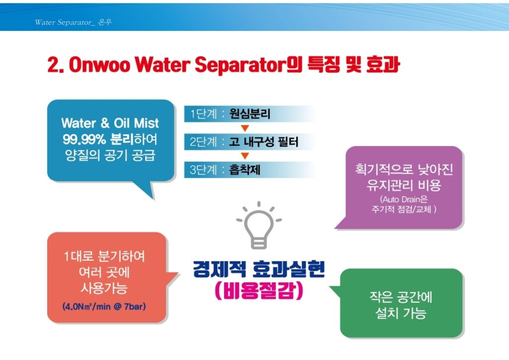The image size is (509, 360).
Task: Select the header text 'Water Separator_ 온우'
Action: click(74, 22)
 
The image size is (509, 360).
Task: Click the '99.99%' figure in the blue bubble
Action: click(85, 140)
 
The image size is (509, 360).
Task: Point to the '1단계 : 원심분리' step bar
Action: click(250, 113)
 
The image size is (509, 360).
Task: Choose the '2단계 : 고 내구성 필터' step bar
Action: click(250, 142)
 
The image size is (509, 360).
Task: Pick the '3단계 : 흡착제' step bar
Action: click(250, 170)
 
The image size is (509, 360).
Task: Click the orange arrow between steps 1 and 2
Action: click(245, 128)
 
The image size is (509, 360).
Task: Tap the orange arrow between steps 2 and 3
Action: click(245, 156)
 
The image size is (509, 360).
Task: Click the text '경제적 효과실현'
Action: click(258, 269)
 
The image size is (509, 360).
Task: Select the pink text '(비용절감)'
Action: click(258, 290)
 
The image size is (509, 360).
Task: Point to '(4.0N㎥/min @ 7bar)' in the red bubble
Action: click(104, 306)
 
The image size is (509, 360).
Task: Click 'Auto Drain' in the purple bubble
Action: click(399, 199)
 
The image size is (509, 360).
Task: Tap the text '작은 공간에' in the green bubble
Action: click(401, 297)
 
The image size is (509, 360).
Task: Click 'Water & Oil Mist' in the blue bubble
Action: click(110, 123)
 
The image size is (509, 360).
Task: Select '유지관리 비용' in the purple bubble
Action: click(404, 185)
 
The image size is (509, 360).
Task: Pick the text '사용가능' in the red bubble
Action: click(104, 288)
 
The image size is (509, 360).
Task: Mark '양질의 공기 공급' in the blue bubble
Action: click(110, 156)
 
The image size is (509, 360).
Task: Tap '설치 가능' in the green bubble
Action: click(401, 313)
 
